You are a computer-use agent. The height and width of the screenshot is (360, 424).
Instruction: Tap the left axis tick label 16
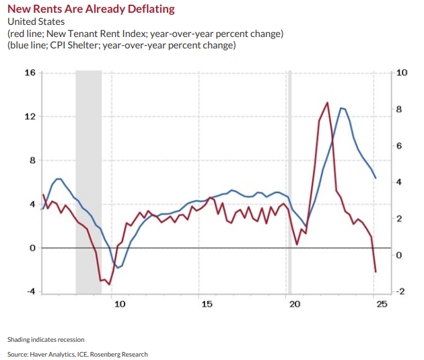(x=30, y=72)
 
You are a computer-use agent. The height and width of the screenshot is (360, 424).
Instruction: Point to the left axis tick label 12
(x=30, y=116)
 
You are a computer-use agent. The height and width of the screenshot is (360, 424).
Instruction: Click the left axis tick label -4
(x=30, y=292)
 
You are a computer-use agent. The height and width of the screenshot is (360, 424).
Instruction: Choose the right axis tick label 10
(x=402, y=72)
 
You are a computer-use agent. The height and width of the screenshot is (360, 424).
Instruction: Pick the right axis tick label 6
(x=400, y=146)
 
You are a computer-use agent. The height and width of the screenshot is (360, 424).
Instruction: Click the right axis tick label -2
(x=401, y=291)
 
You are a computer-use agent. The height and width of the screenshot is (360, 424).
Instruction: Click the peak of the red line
(x=327, y=103)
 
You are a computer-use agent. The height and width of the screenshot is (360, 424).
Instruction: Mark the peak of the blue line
(x=342, y=108)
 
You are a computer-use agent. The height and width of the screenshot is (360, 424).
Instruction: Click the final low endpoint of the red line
(x=376, y=272)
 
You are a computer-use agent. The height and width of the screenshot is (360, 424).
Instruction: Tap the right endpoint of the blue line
(x=376, y=178)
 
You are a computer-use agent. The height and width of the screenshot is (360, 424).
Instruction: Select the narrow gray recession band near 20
(x=290, y=182)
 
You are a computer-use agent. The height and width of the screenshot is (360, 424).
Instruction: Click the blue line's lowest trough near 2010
(x=118, y=268)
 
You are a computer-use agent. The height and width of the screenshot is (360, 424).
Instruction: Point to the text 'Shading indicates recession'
(x=46, y=339)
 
